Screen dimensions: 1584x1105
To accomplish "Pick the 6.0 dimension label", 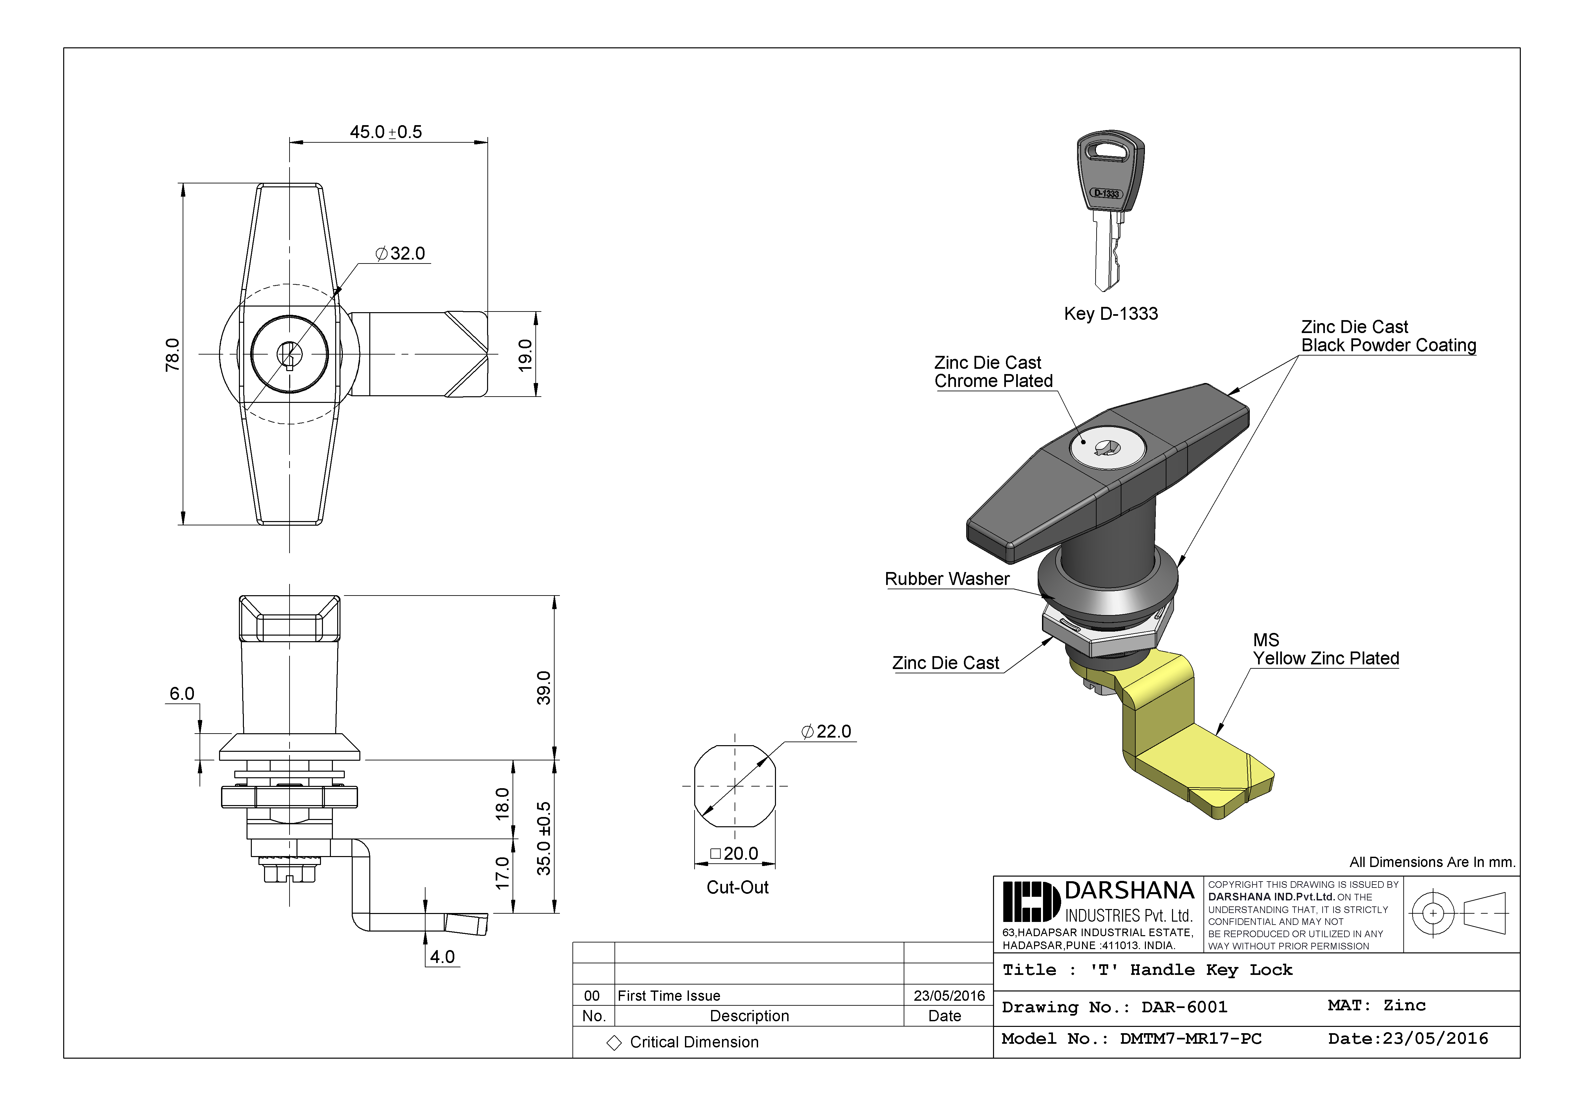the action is (x=182, y=694).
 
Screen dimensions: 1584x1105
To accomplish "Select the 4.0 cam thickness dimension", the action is (x=442, y=957).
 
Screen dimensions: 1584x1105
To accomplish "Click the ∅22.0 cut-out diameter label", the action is (x=827, y=731).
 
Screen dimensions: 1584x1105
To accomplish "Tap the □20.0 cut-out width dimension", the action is (x=735, y=854).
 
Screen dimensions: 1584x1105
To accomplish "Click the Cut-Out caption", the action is (x=738, y=888).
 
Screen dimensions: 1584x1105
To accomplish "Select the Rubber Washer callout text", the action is (x=947, y=579).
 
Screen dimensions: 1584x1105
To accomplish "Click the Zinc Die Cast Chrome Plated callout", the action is (x=993, y=372).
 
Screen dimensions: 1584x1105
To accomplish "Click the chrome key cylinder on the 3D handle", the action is (x=1107, y=447).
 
